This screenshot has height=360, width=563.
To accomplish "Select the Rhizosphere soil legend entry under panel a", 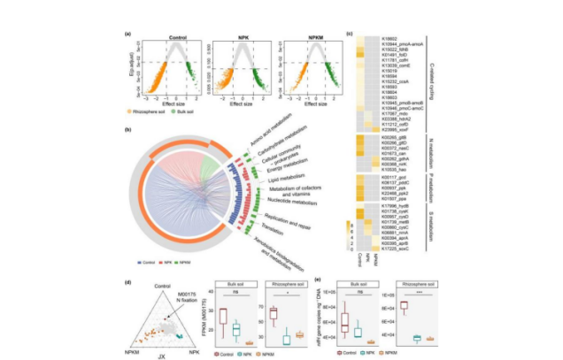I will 169,115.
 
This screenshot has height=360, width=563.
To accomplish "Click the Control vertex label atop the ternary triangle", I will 159,285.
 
